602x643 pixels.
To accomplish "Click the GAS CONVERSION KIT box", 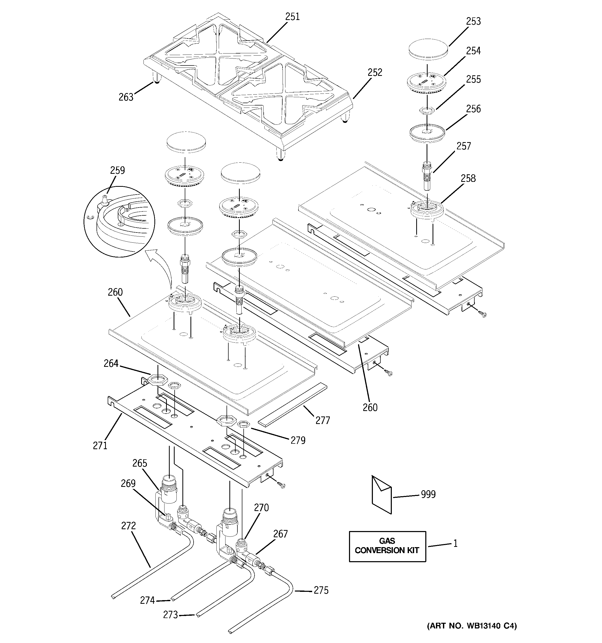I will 387,546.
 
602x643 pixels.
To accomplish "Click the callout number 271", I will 100,446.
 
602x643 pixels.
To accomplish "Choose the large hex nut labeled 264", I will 158,379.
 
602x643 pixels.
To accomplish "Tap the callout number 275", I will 321,590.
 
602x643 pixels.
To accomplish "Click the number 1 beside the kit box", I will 455,543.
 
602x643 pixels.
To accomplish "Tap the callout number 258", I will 468,178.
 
